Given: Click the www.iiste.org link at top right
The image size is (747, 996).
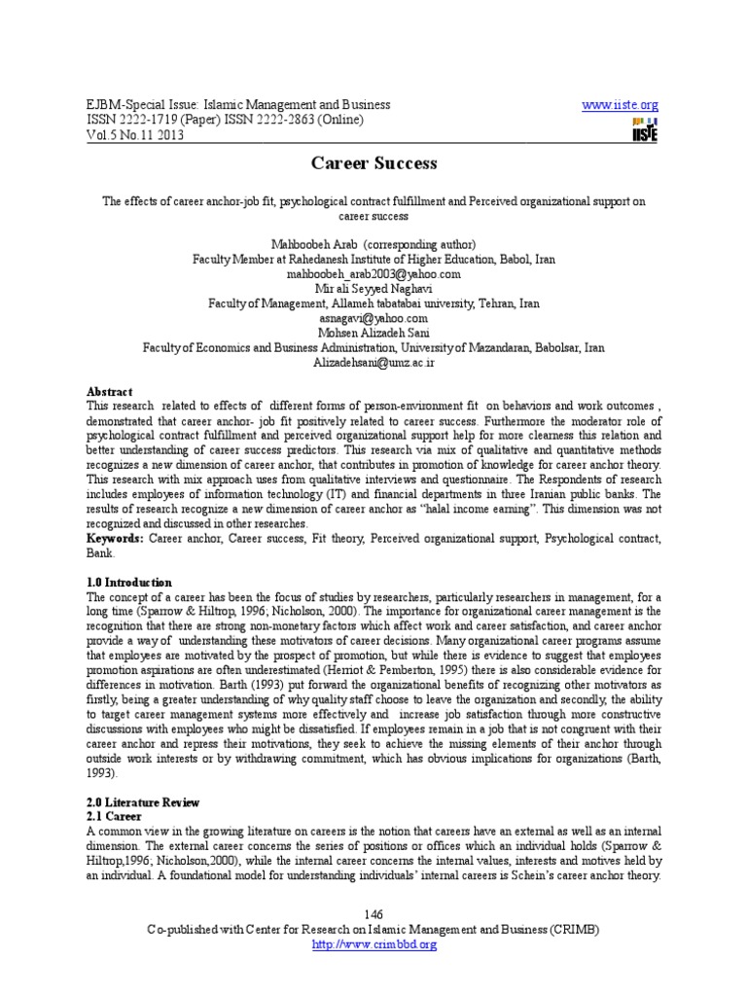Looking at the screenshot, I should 620,105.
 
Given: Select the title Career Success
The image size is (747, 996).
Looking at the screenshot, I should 373,163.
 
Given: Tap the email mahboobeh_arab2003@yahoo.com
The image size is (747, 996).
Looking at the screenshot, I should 373,274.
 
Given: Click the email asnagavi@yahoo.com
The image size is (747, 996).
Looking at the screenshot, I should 373,318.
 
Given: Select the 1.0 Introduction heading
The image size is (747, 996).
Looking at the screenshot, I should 129,582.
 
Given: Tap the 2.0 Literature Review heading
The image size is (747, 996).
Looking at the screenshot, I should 143,802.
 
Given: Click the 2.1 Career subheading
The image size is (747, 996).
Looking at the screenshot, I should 115,816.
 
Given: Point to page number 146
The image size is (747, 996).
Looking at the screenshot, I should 373,915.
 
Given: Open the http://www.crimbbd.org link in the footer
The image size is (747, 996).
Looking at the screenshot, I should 373,944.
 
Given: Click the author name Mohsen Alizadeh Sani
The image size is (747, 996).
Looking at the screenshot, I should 373,333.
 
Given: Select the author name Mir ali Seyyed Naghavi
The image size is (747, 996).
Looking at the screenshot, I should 373,289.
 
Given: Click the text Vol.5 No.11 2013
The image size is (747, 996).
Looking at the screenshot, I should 135,134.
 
